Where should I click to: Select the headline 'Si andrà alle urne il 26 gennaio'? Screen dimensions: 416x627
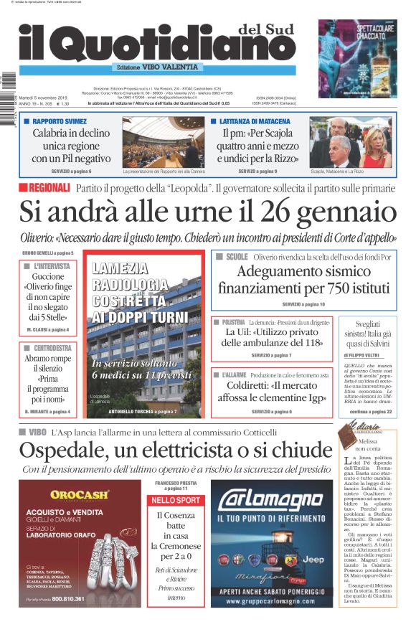coord(207,212)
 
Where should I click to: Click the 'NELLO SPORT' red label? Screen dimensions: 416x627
coord(176,499)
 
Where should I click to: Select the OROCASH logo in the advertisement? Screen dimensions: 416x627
coord(80,494)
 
